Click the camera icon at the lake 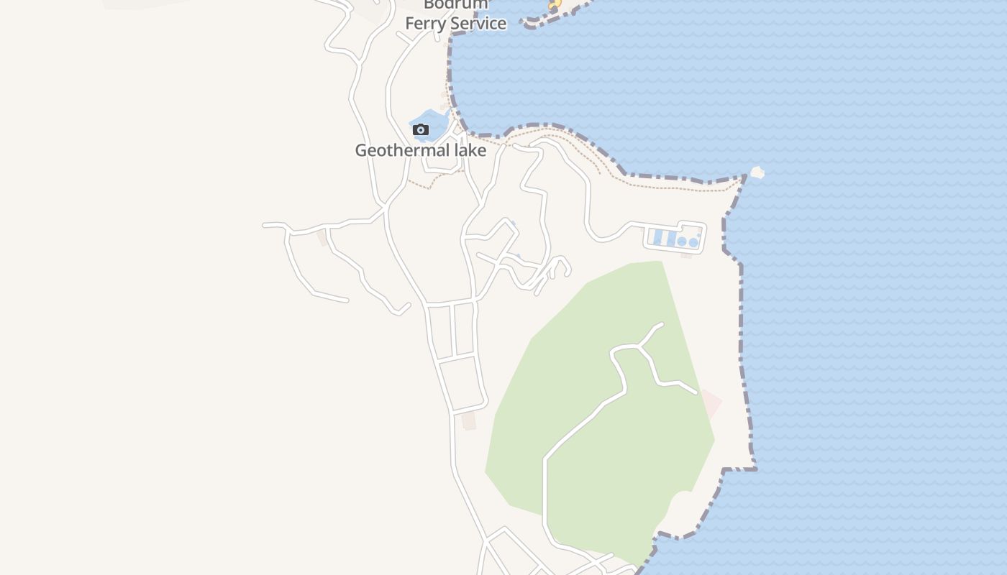pos(421,130)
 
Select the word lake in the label pos(466,151)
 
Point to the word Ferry pos(426,24)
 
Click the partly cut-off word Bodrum pos(455,4)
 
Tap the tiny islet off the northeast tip pos(756,172)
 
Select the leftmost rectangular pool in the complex pos(657,237)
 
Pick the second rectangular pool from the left pos(670,237)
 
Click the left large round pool pos(682,242)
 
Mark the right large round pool pos(693,243)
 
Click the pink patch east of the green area pos(711,403)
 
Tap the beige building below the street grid pos(469,421)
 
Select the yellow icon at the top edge pos(555,4)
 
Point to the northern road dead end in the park pos(661,324)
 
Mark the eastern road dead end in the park pos(696,392)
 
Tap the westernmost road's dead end pos(265,226)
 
